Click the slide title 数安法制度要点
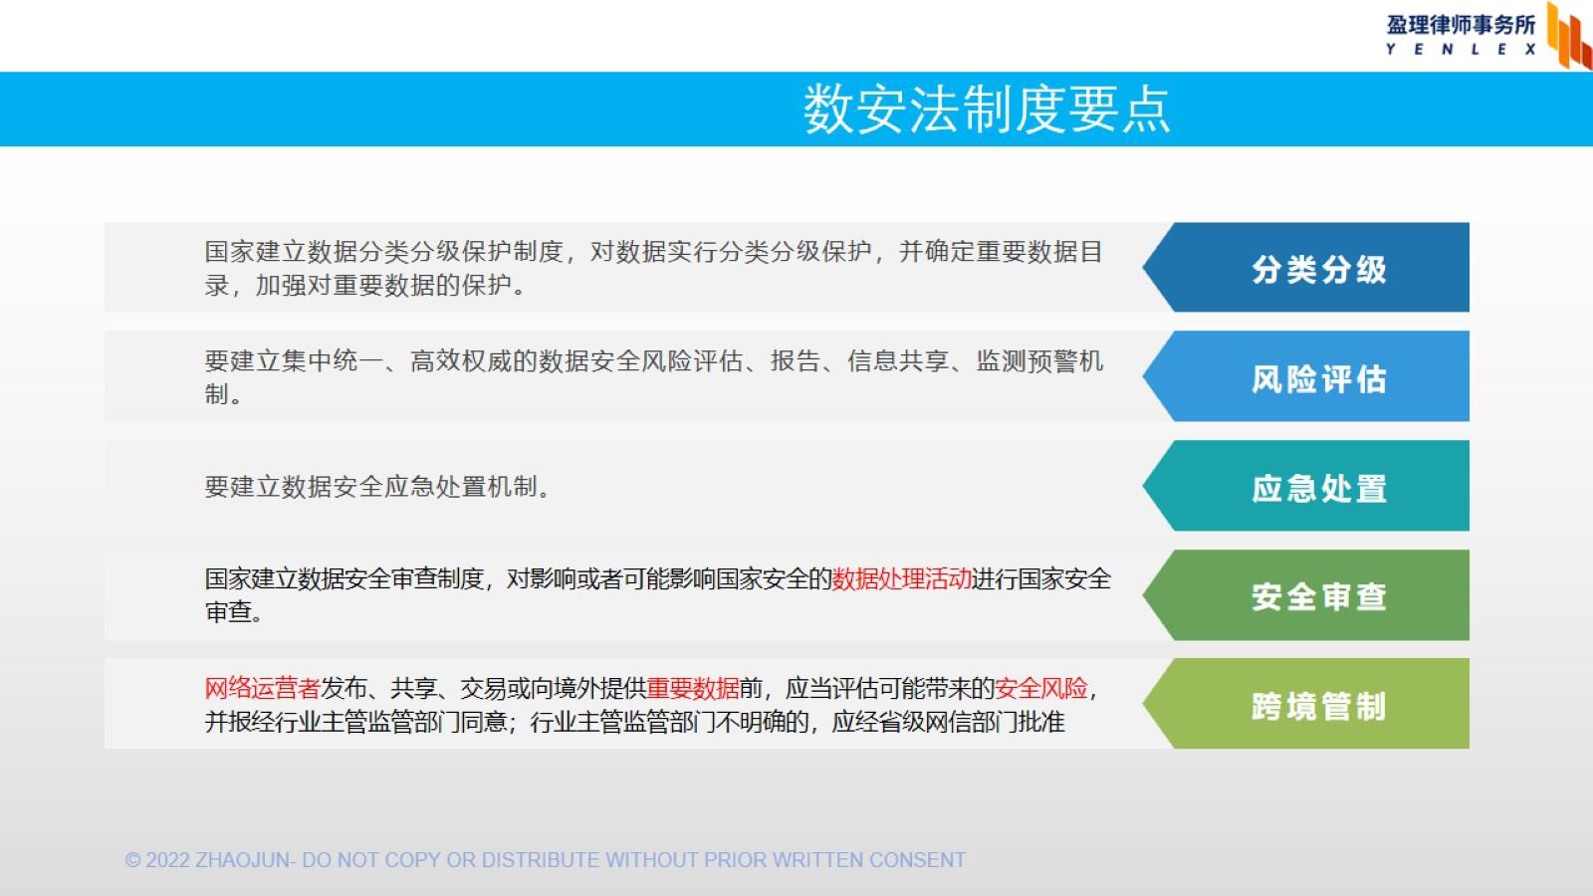pos(987,110)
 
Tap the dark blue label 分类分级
pos(1319,270)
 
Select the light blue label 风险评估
pos(1319,379)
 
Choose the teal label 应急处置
pos(1319,489)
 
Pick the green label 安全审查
pos(1319,596)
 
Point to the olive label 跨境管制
pos(1319,706)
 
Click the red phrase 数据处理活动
pos(902,578)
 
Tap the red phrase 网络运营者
pos(263,688)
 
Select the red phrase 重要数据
pos(693,688)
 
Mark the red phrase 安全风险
pos(1041,688)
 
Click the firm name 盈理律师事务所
pos(1461,25)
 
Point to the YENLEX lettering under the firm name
pos(1461,49)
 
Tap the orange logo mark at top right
pos(1569,36)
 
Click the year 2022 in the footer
pos(167,860)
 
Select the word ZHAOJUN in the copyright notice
pos(243,860)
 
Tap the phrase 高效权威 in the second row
pos(461,361)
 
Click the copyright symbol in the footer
pos(133,860)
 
